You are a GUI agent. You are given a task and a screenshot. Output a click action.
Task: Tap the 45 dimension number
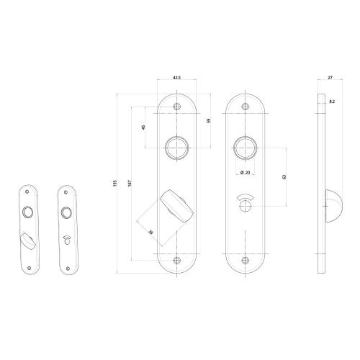click(143, 127)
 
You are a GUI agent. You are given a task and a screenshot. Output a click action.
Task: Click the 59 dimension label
click(209, 120)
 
